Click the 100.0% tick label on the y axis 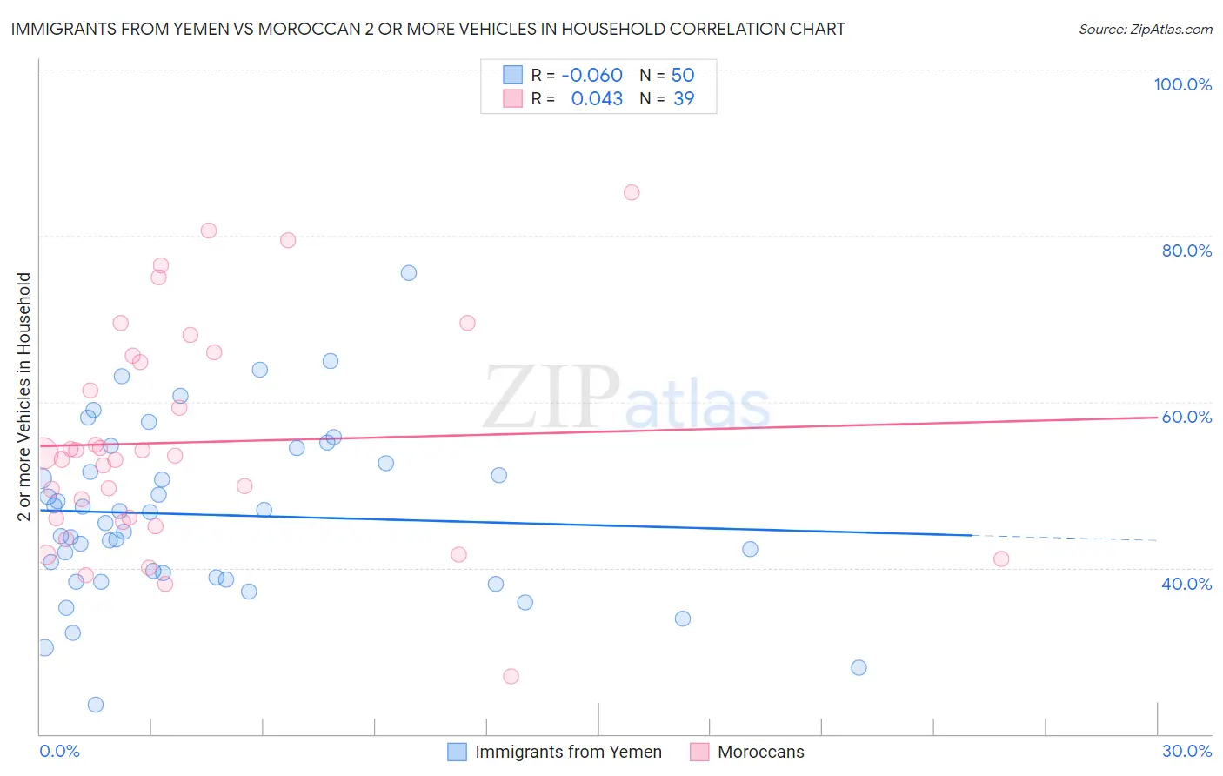coord(1182,84)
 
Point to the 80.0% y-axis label coord(1186,251)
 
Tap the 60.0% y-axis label coord(1186,417)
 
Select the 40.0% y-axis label coord(1186,584)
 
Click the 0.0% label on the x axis coord(59,751)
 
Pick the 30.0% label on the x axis coord(1186,751)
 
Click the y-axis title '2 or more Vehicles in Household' coord(23,397)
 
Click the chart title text coord(428,29)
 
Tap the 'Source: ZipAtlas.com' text coord(1145,29)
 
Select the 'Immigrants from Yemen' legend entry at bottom coord(568,752)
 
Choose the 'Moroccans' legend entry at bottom coord(760,752)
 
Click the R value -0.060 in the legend coord(591,75)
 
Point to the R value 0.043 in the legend coord(597,98)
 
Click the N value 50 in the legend coord(683,75)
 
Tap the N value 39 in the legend coord(684,98)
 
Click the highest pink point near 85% coord(632,192)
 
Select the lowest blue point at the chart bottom coord(96,705)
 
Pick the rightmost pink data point coord(1001,559)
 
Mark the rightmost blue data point coord(859,668)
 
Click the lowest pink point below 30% coord(511,677)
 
